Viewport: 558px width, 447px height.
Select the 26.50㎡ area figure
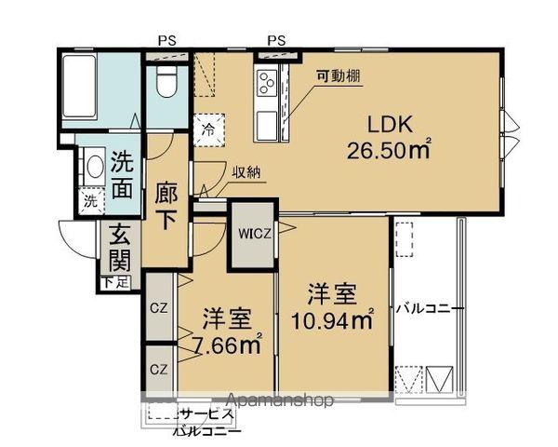pos(387,149)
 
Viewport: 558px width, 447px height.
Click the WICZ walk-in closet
pos(251,233)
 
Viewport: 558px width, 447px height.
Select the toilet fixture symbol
pos(167,82)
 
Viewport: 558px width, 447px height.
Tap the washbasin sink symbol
pos(93,169)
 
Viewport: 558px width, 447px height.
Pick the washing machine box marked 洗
pos(90,200)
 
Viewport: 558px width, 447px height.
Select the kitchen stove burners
pos(263,85)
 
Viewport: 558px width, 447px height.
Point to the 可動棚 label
pos(335,76)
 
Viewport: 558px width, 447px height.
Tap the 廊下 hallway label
pos(166,207)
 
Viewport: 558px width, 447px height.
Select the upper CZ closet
pos(158,305)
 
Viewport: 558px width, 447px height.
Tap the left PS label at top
pos(167,40)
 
